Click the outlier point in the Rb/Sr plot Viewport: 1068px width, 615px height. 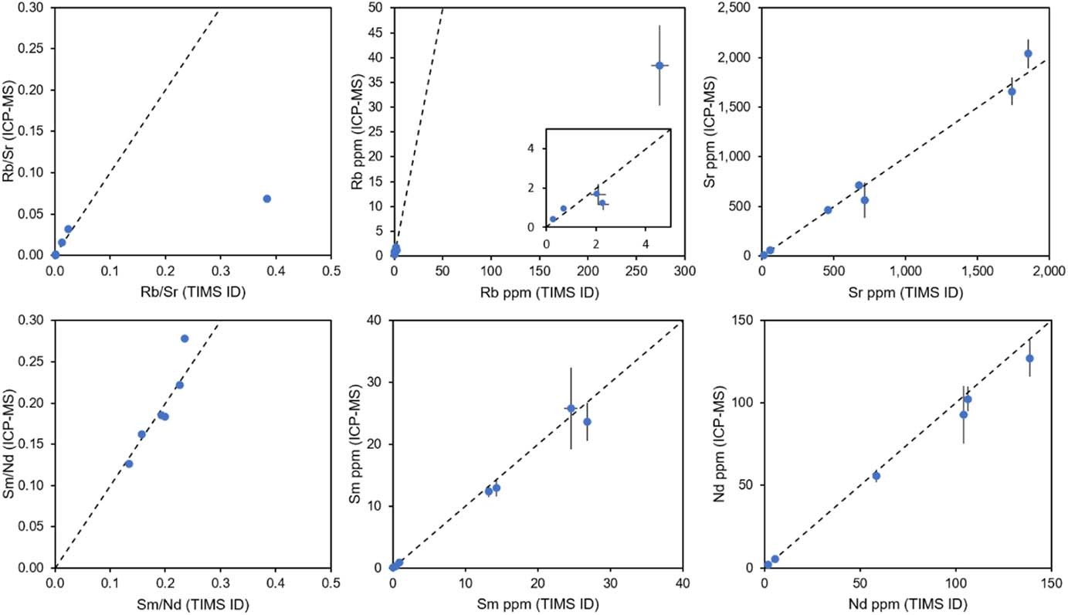click(x=267, y=199)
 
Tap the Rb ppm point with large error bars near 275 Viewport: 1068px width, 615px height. click(x=659, y=66)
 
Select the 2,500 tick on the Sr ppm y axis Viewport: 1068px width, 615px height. click(x=739, y=8)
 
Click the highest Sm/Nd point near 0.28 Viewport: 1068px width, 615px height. click(x=185, y=338)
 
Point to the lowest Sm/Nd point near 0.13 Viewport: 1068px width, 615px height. click(x=129, y=464)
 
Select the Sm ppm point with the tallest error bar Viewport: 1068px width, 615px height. click(x=571, y=408)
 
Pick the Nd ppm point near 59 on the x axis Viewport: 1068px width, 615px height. click(x=876, y=476)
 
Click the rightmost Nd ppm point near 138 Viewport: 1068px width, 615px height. click(x=1029, y=358)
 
